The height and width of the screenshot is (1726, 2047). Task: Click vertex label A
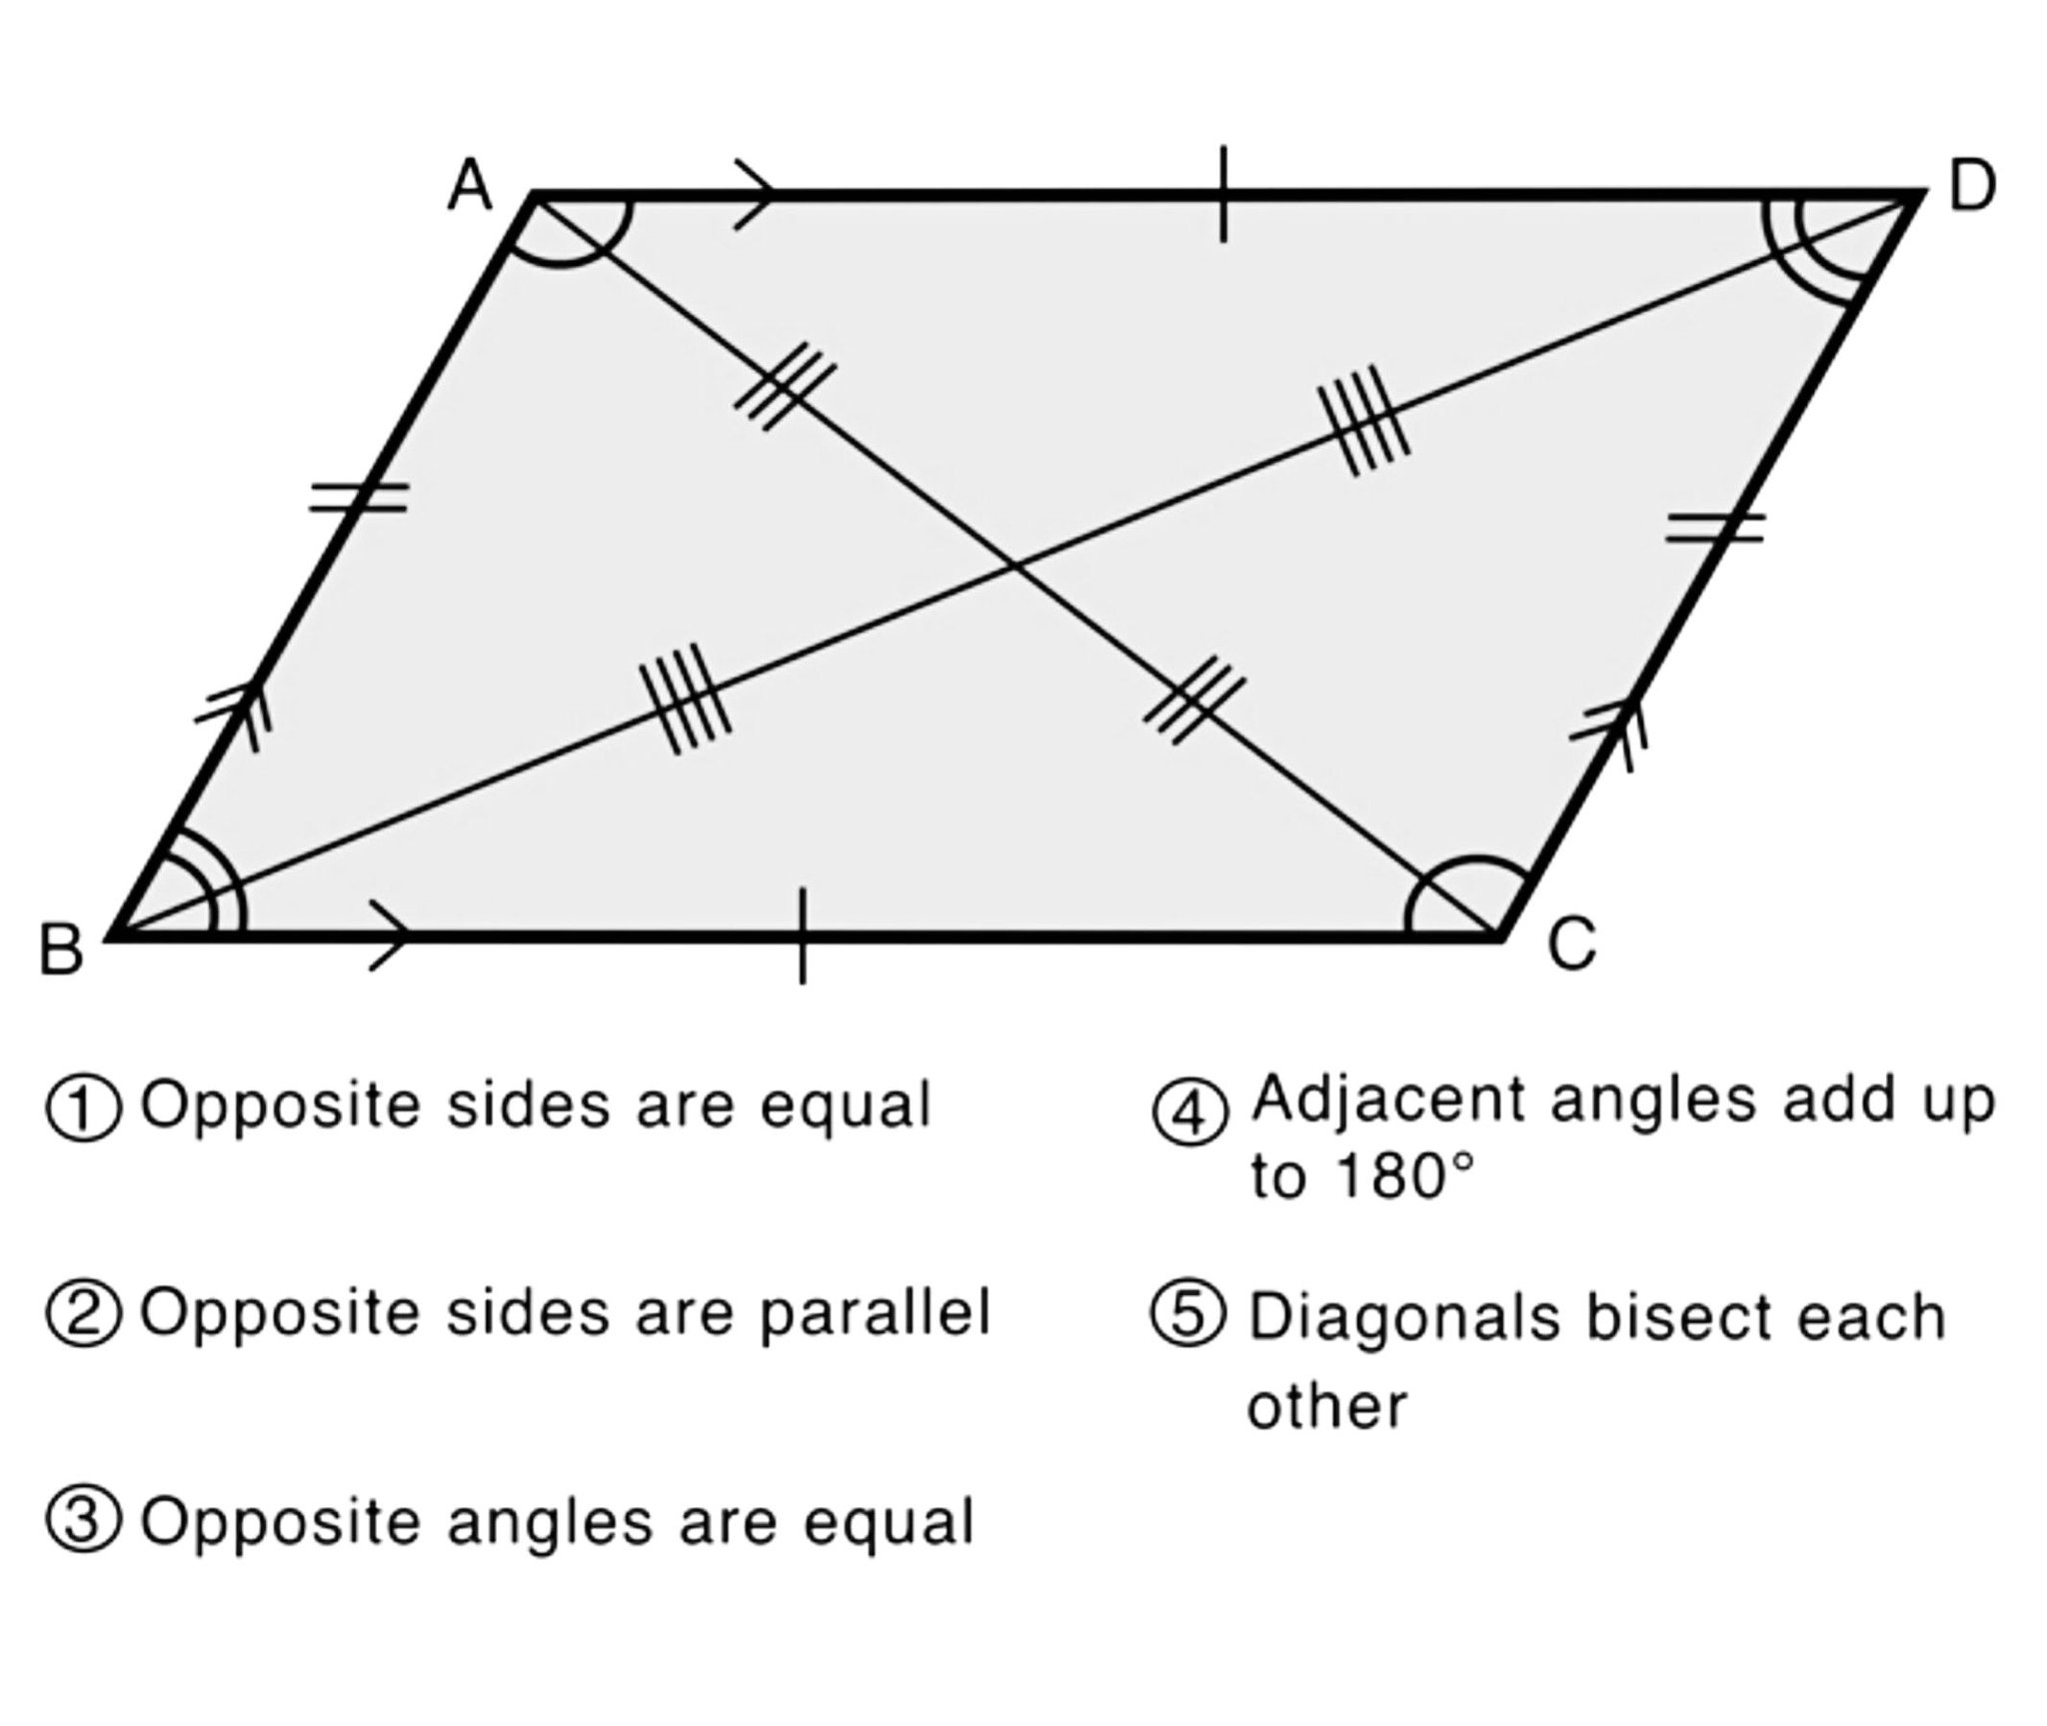470,186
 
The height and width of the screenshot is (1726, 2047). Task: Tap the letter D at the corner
1972,186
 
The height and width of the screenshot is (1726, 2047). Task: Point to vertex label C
1572,944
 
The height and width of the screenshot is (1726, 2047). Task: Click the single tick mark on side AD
1223,194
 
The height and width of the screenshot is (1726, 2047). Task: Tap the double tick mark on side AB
358,497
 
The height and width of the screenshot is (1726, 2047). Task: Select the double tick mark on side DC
1715,527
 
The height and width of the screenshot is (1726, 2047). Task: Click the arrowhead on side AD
755,194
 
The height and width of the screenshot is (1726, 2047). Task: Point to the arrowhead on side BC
389,935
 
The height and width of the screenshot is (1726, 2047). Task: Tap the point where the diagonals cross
1014,567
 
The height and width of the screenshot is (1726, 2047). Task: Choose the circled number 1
84,1111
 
